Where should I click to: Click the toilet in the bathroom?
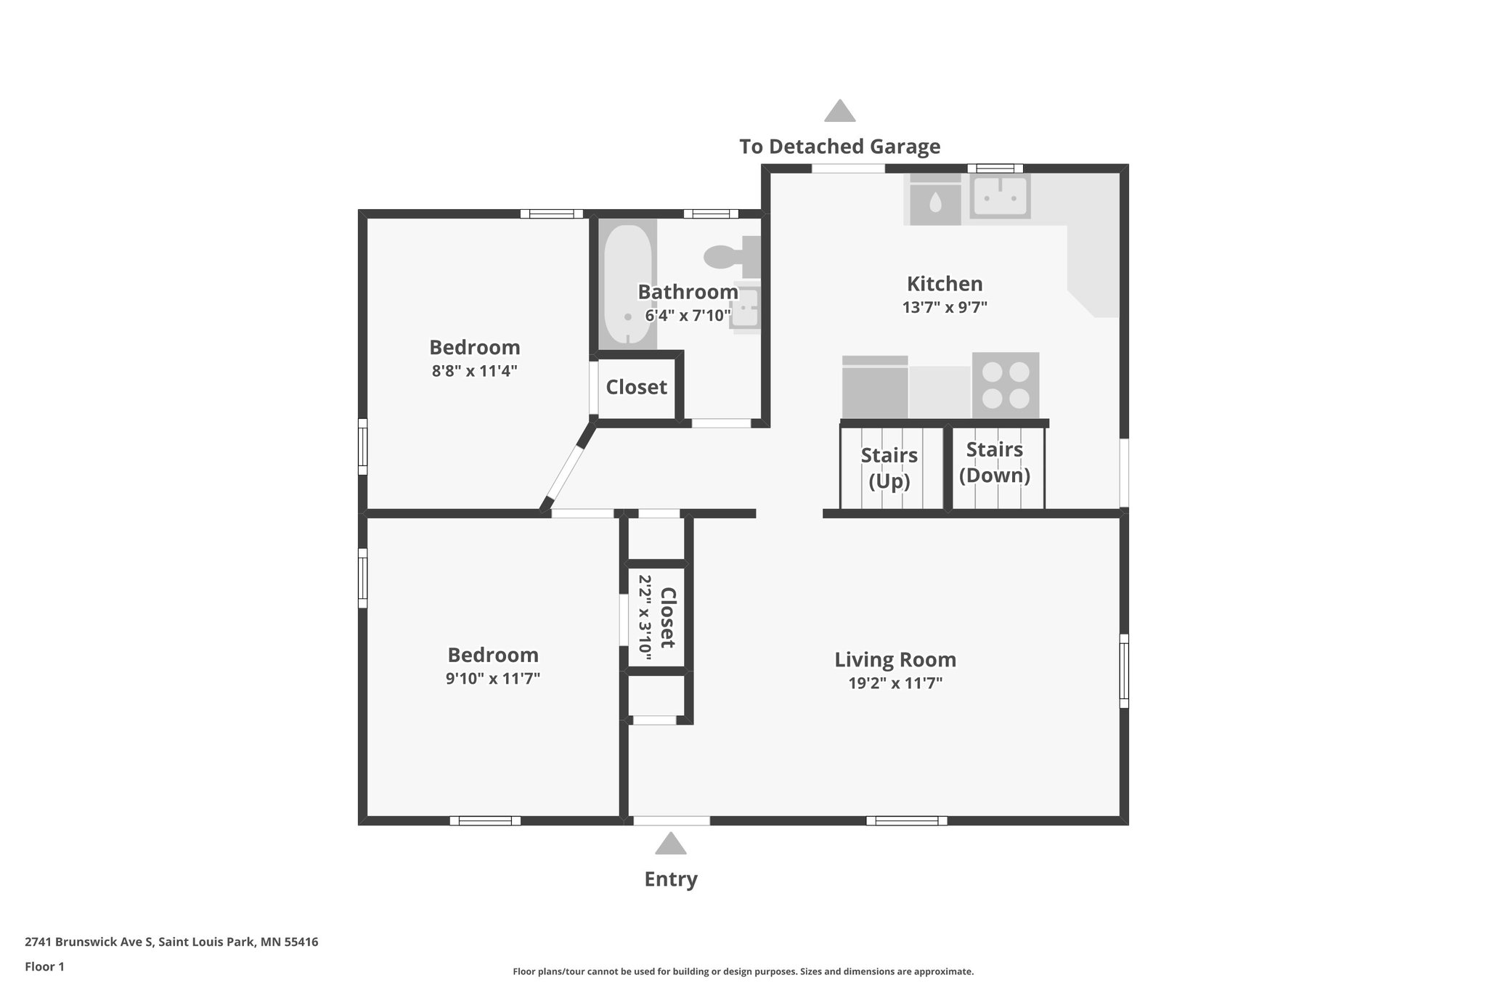[x=728, y=256]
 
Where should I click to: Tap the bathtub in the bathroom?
[x=627, y=285]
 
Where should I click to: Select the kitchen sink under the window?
[x=1000, y=197]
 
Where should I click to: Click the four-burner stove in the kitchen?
[x=1006, y=385]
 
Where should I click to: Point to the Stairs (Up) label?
[x=889, y=468]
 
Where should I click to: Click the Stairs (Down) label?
[x=994, y=462]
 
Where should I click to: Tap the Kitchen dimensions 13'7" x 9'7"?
[x=945, y=307]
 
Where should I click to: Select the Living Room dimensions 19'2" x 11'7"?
[x=895, y=683]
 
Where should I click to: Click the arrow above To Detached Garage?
[x=839, y=111]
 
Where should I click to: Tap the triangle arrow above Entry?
[x=670, y=844]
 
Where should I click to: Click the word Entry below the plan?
[x=670, y=879]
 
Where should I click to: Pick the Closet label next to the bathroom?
[x=636, y=387]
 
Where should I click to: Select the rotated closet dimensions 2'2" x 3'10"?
[x=645, y=618]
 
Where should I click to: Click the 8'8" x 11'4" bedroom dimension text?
[x=474, y=371]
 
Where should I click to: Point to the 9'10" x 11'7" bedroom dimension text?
[x=492, y=679]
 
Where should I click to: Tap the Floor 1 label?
[x=45, y=966]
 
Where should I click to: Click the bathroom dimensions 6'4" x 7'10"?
[x=688, y=316]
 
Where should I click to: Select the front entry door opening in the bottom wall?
[x=671, y=820]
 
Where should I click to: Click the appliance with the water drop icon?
[x=935, y=202]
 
